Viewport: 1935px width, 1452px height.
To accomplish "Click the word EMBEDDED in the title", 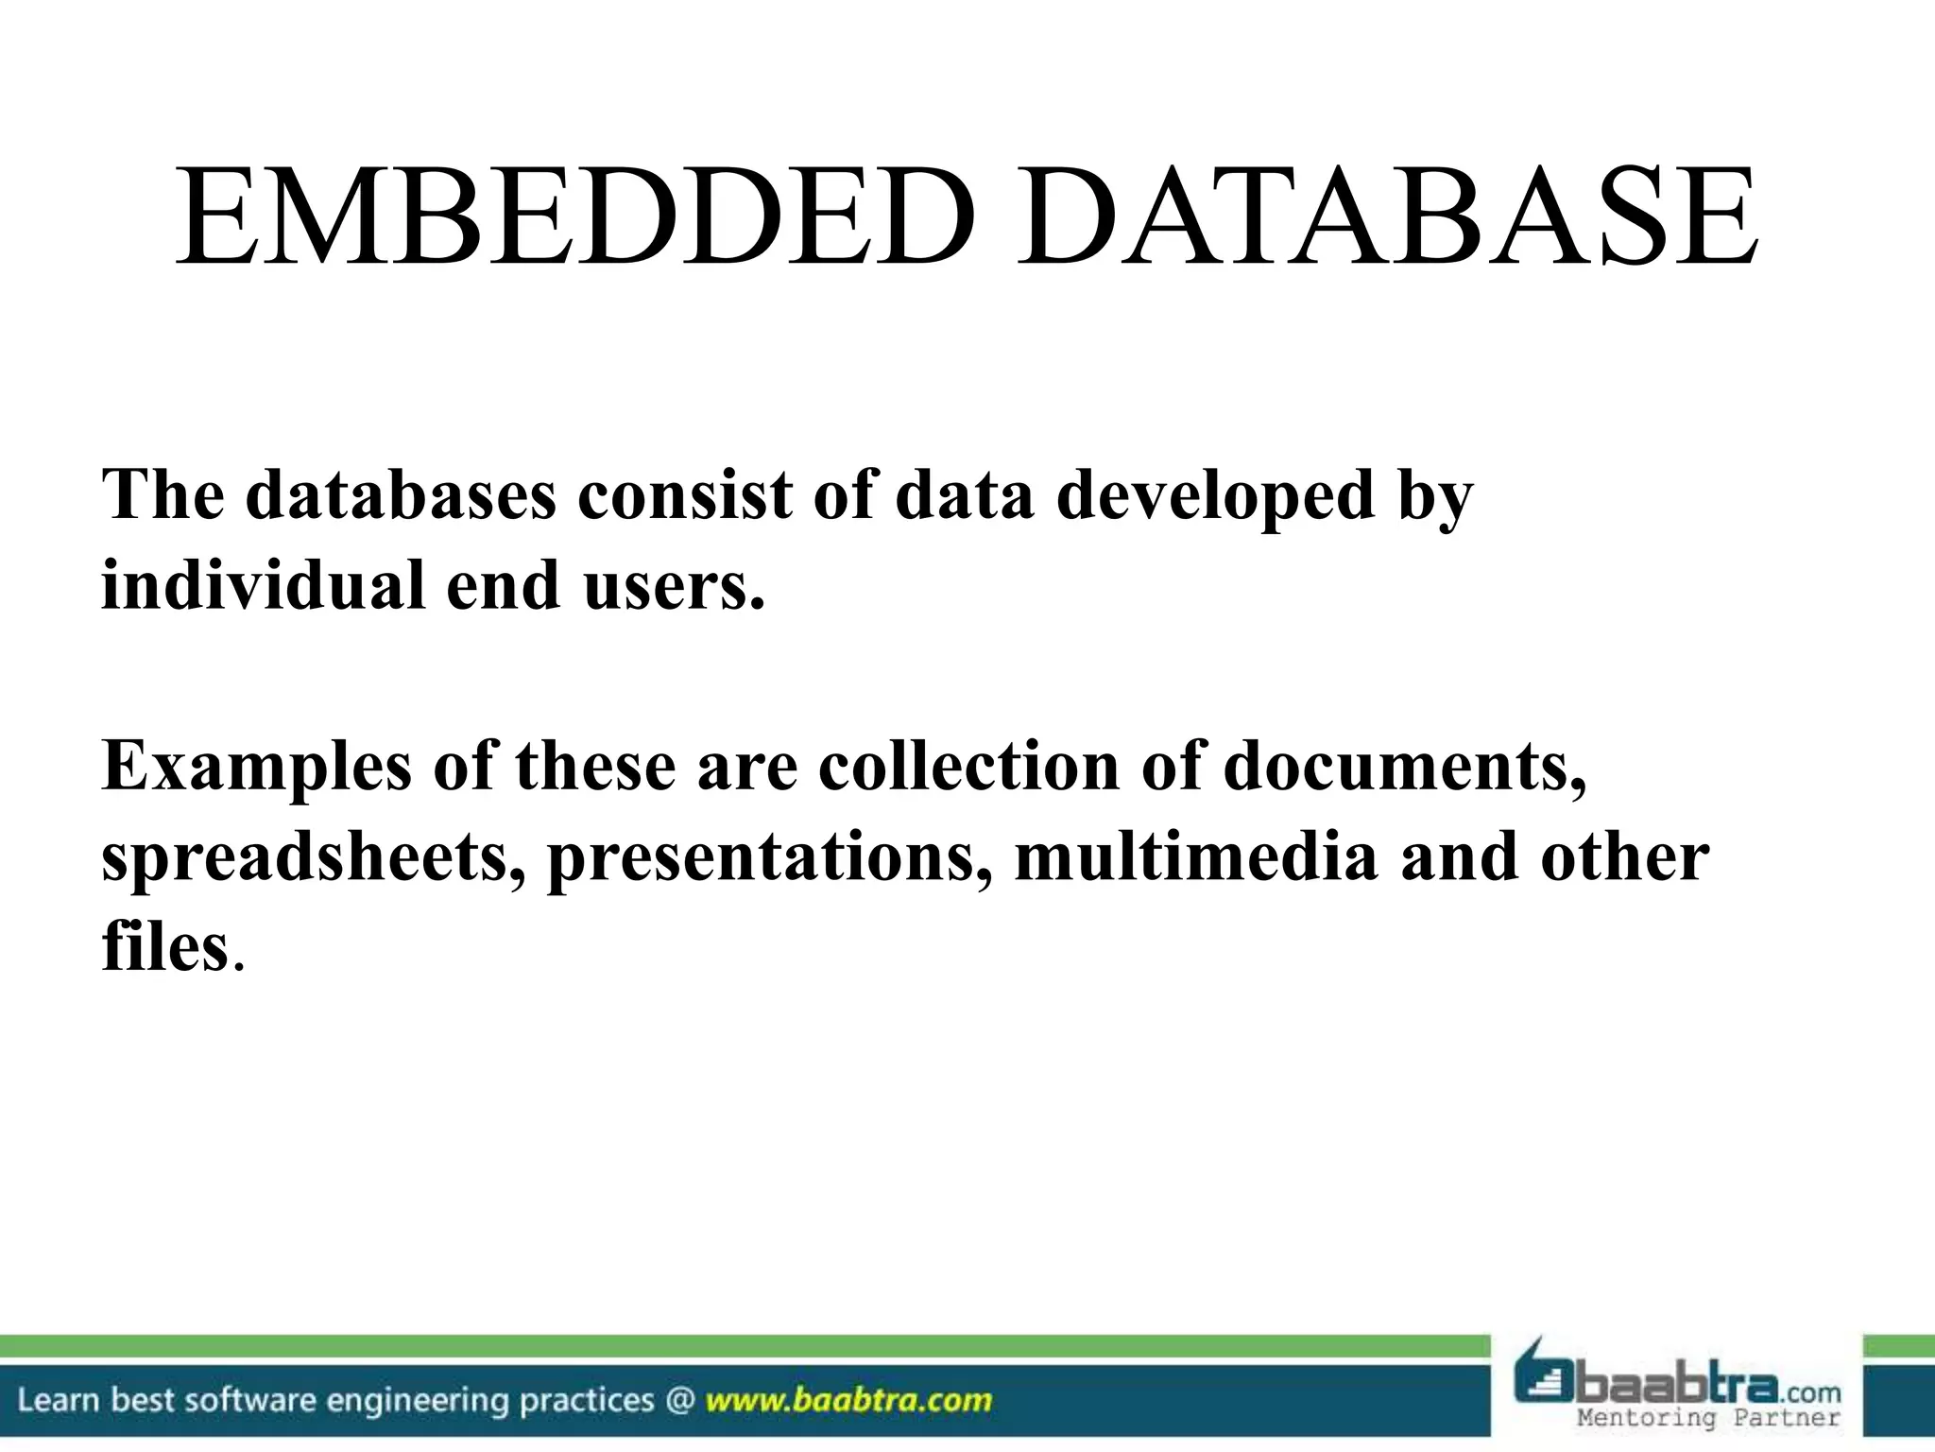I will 575,218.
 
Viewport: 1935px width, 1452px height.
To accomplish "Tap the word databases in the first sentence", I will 401,494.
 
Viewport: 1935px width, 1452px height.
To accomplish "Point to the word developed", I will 1214,494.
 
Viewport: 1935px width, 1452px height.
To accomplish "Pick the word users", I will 673,584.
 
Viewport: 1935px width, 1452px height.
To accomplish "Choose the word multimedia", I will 1195,856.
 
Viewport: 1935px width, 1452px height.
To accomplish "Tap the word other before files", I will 1624,856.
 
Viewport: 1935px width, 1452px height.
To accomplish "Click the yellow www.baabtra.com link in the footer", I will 848,1400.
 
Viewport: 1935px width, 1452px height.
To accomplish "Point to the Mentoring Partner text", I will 1708,1418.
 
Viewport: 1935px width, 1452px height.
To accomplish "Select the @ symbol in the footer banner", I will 679,1400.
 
